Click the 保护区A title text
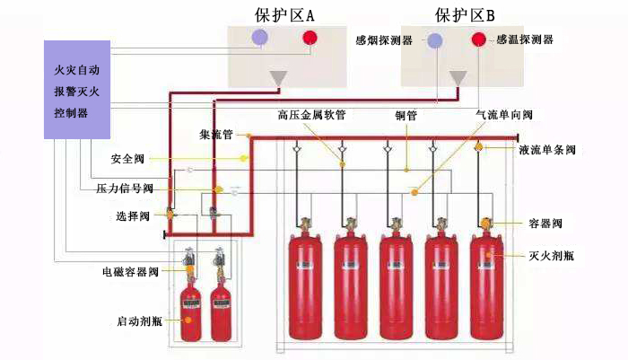282,13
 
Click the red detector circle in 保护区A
310,38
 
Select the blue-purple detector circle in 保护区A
260,37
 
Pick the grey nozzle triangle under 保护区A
279,78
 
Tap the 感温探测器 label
526,40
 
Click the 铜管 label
406,116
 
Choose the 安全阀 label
128,159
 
